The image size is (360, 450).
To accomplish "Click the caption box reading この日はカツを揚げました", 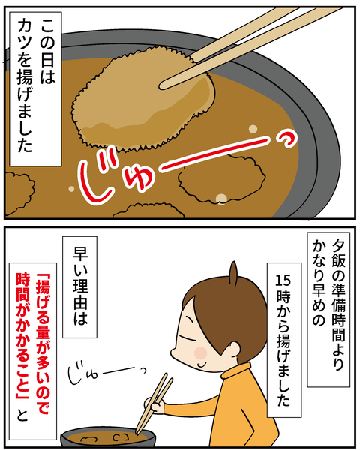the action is (x=35, y=88).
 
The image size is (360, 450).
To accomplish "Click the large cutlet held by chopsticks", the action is (x=143, y=99).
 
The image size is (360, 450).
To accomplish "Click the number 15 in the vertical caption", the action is (x=283, y=280).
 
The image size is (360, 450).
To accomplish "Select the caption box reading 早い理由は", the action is (x=79, y=286).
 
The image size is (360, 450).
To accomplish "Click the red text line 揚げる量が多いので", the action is (x=43, y=346).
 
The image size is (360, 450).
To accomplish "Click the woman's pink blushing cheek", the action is (x=200, y=352).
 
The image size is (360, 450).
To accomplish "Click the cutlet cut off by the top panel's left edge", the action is (x=18, y=193).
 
